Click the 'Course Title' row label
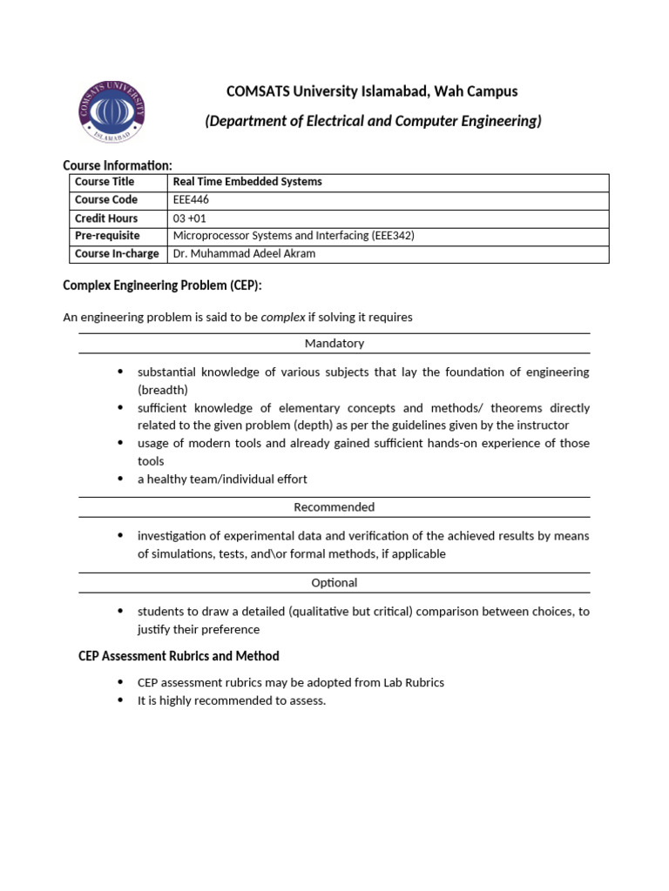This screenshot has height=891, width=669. (105, 182)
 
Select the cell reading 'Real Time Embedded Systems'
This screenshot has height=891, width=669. (247, 182)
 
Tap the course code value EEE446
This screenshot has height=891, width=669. (192, 200)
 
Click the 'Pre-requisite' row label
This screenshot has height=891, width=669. (106, 236)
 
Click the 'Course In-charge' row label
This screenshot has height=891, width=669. (117, 254)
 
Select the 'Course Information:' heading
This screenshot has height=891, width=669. (118, 165)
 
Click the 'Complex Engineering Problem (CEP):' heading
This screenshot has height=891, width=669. (162, 286)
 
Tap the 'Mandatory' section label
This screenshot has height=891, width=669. (334, 344)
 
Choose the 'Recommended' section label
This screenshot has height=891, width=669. (334, 507)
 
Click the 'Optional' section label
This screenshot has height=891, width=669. (334, 583)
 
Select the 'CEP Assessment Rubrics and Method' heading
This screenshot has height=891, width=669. (179, 655)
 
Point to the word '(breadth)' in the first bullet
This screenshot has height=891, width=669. (162, 390)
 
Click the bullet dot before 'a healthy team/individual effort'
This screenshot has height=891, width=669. (120, 479)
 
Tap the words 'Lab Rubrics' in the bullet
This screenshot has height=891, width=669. (414, 683)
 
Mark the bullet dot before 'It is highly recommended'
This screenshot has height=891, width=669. (120, 700)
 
